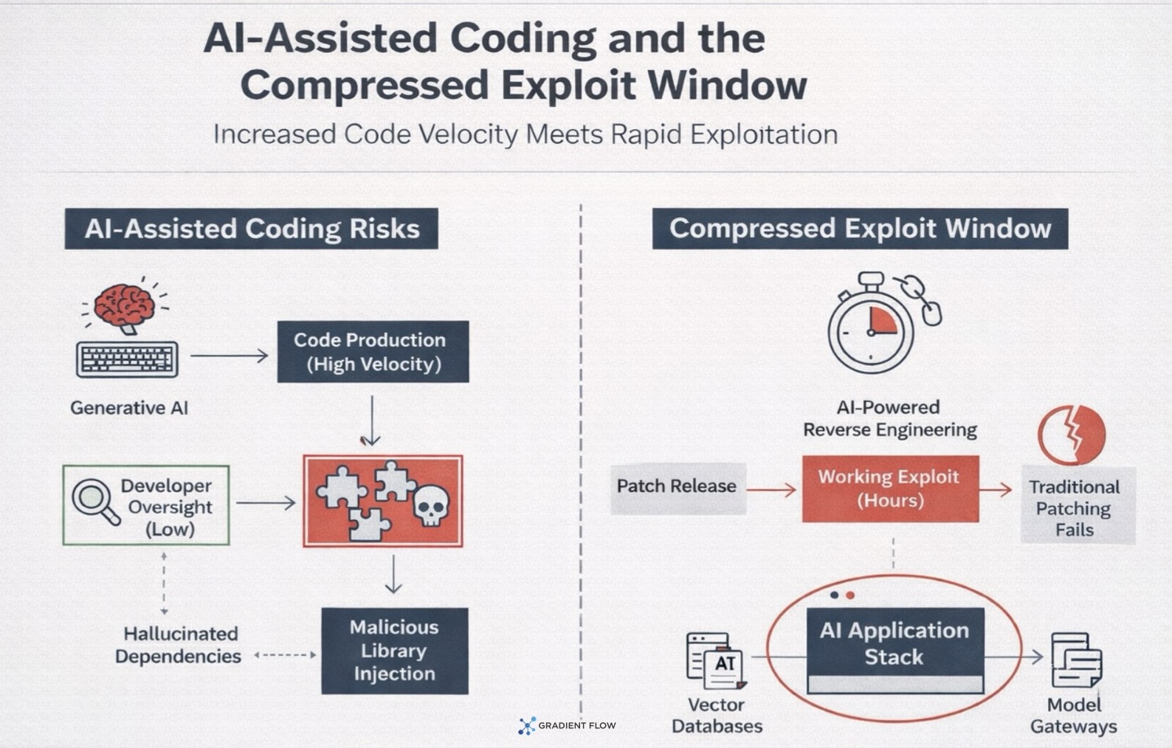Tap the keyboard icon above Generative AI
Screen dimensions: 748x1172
coord(127,359)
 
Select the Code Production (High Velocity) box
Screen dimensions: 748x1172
coord(373,352)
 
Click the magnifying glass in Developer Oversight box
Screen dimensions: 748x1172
coord(94,501)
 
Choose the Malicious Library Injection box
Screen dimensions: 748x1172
coord(394,651)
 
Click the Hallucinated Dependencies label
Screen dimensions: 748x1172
coord(179,645)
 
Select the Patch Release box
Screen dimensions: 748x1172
coord(677,487)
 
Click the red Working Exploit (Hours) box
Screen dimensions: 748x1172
coord(890,488)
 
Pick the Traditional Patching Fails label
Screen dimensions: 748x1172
coord(1075,508)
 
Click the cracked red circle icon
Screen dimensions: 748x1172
coord(1071,434)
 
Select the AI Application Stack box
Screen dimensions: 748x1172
coord(894,644)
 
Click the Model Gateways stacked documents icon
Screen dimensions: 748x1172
coord(1075,659)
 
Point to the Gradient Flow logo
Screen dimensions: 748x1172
coord(567,726)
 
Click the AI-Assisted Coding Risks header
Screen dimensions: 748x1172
coord(252,229)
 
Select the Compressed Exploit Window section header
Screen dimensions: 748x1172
coord(860,229)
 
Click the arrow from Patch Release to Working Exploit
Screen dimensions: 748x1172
coord(771,488)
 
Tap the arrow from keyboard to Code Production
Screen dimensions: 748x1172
coord(230,356)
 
